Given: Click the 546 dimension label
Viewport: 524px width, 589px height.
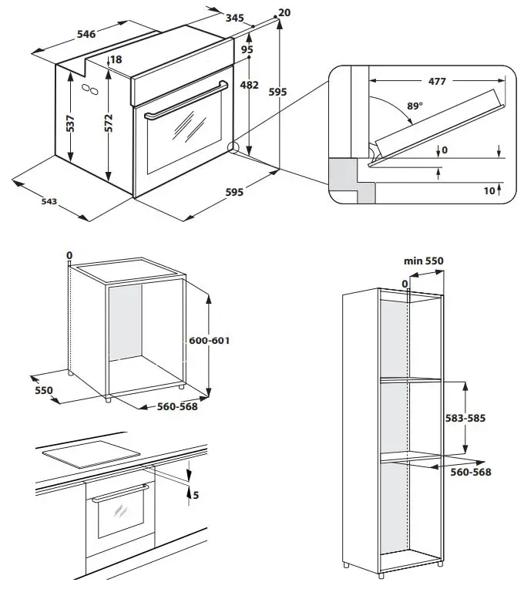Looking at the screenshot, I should [86, 34].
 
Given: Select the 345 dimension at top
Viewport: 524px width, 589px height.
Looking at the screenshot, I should [235, 17].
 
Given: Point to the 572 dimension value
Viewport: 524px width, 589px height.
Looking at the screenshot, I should [109, 123].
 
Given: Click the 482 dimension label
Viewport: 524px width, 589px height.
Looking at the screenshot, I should [249, 86].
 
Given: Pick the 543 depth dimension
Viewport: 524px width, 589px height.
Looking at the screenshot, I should [48, 202].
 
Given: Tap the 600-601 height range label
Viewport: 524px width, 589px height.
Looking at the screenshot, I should [210, 340].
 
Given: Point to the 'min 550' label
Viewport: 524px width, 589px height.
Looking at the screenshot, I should [424, 261].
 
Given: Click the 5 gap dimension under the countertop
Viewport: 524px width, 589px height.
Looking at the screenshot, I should [195, 495].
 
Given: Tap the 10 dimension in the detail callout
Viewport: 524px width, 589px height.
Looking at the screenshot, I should [488, 190].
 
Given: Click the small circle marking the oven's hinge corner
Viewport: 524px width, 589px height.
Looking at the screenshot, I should [233, 148].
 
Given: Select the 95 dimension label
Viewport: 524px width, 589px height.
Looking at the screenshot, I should [247, 49].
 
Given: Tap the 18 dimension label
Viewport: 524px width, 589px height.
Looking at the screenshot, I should [116, 60].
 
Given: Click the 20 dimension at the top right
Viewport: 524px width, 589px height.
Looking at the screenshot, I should [284, 12].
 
